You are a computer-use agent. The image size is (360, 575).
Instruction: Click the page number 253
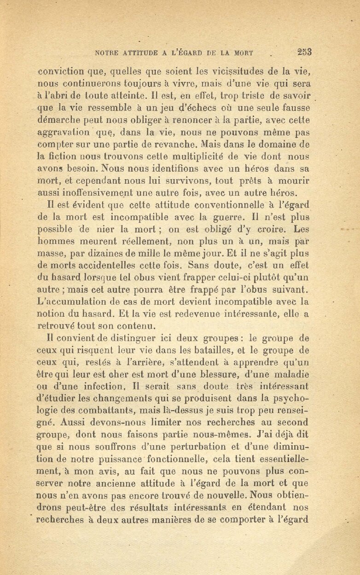tap(305, 52)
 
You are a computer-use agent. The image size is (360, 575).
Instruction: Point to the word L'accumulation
tap(72, 302)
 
